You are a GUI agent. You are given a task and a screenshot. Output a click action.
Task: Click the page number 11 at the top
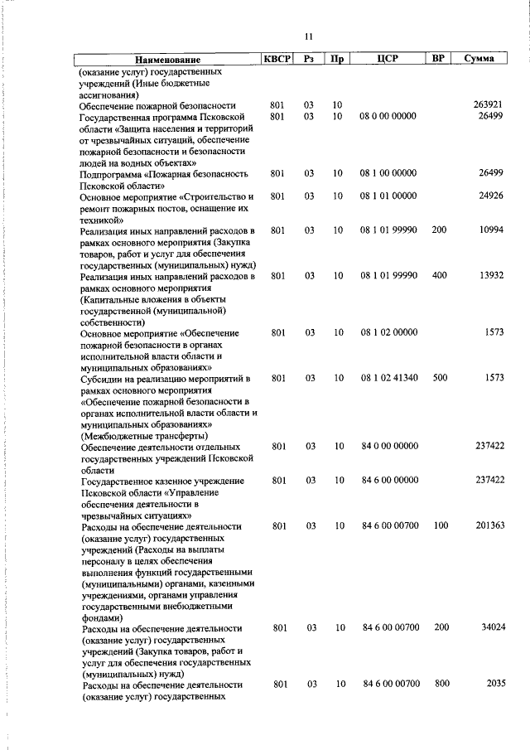coord(308,36)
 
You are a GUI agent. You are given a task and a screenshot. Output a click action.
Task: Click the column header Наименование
coord(167,60)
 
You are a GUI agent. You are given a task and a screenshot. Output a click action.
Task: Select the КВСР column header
coord(277,59)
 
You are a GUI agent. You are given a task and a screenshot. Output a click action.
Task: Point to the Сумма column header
coord(479,59)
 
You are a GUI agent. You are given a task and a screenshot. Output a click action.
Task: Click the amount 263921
coord(489,106)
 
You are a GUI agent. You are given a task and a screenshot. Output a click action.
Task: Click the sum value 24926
coord(491,196)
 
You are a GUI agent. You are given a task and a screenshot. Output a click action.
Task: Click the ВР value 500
coord(439,378)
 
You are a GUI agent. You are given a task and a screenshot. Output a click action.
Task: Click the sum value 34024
coord(491,627)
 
